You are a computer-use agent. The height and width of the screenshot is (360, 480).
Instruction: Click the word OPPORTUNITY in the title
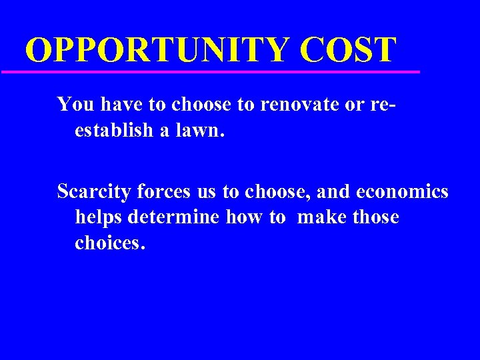coord(157,49)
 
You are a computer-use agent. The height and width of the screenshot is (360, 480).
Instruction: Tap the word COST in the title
coord(348,49)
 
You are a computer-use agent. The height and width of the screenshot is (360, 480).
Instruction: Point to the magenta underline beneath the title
coord(210,71)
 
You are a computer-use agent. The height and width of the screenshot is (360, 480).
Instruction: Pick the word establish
coord(114,130)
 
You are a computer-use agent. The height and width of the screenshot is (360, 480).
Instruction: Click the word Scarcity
coord(94,192)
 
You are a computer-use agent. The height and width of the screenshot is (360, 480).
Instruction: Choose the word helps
coord(98,217)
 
